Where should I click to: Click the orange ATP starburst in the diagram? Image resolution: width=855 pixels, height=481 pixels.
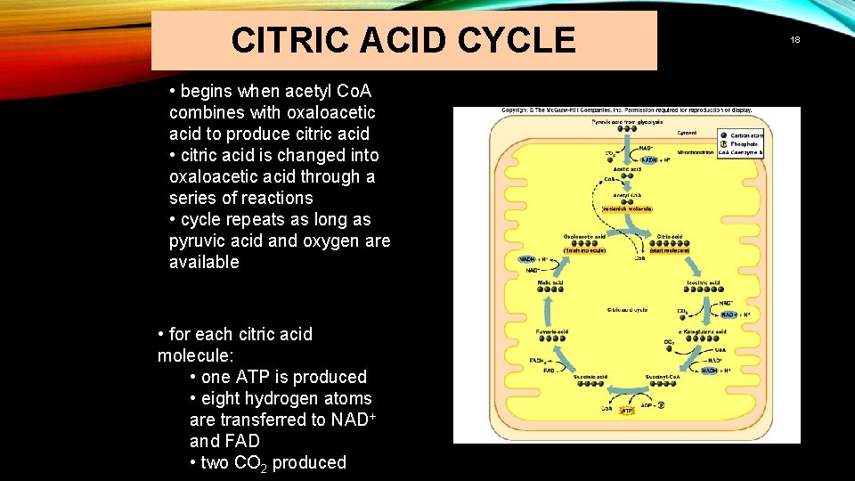(x=627, y=411)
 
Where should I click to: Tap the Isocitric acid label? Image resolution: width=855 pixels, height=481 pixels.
(x=703, y=282)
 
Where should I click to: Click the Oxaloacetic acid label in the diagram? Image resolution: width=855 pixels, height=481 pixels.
(x=584, y=236)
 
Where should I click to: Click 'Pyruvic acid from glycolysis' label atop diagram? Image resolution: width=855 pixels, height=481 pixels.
(x=627, y=121)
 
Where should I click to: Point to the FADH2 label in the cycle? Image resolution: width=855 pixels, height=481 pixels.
(x=537, y=360)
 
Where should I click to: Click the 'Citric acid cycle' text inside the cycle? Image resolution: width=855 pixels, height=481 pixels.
(x=628, y=309)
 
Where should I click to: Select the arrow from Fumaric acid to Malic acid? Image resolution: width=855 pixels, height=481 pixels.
(x=549, y=308)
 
